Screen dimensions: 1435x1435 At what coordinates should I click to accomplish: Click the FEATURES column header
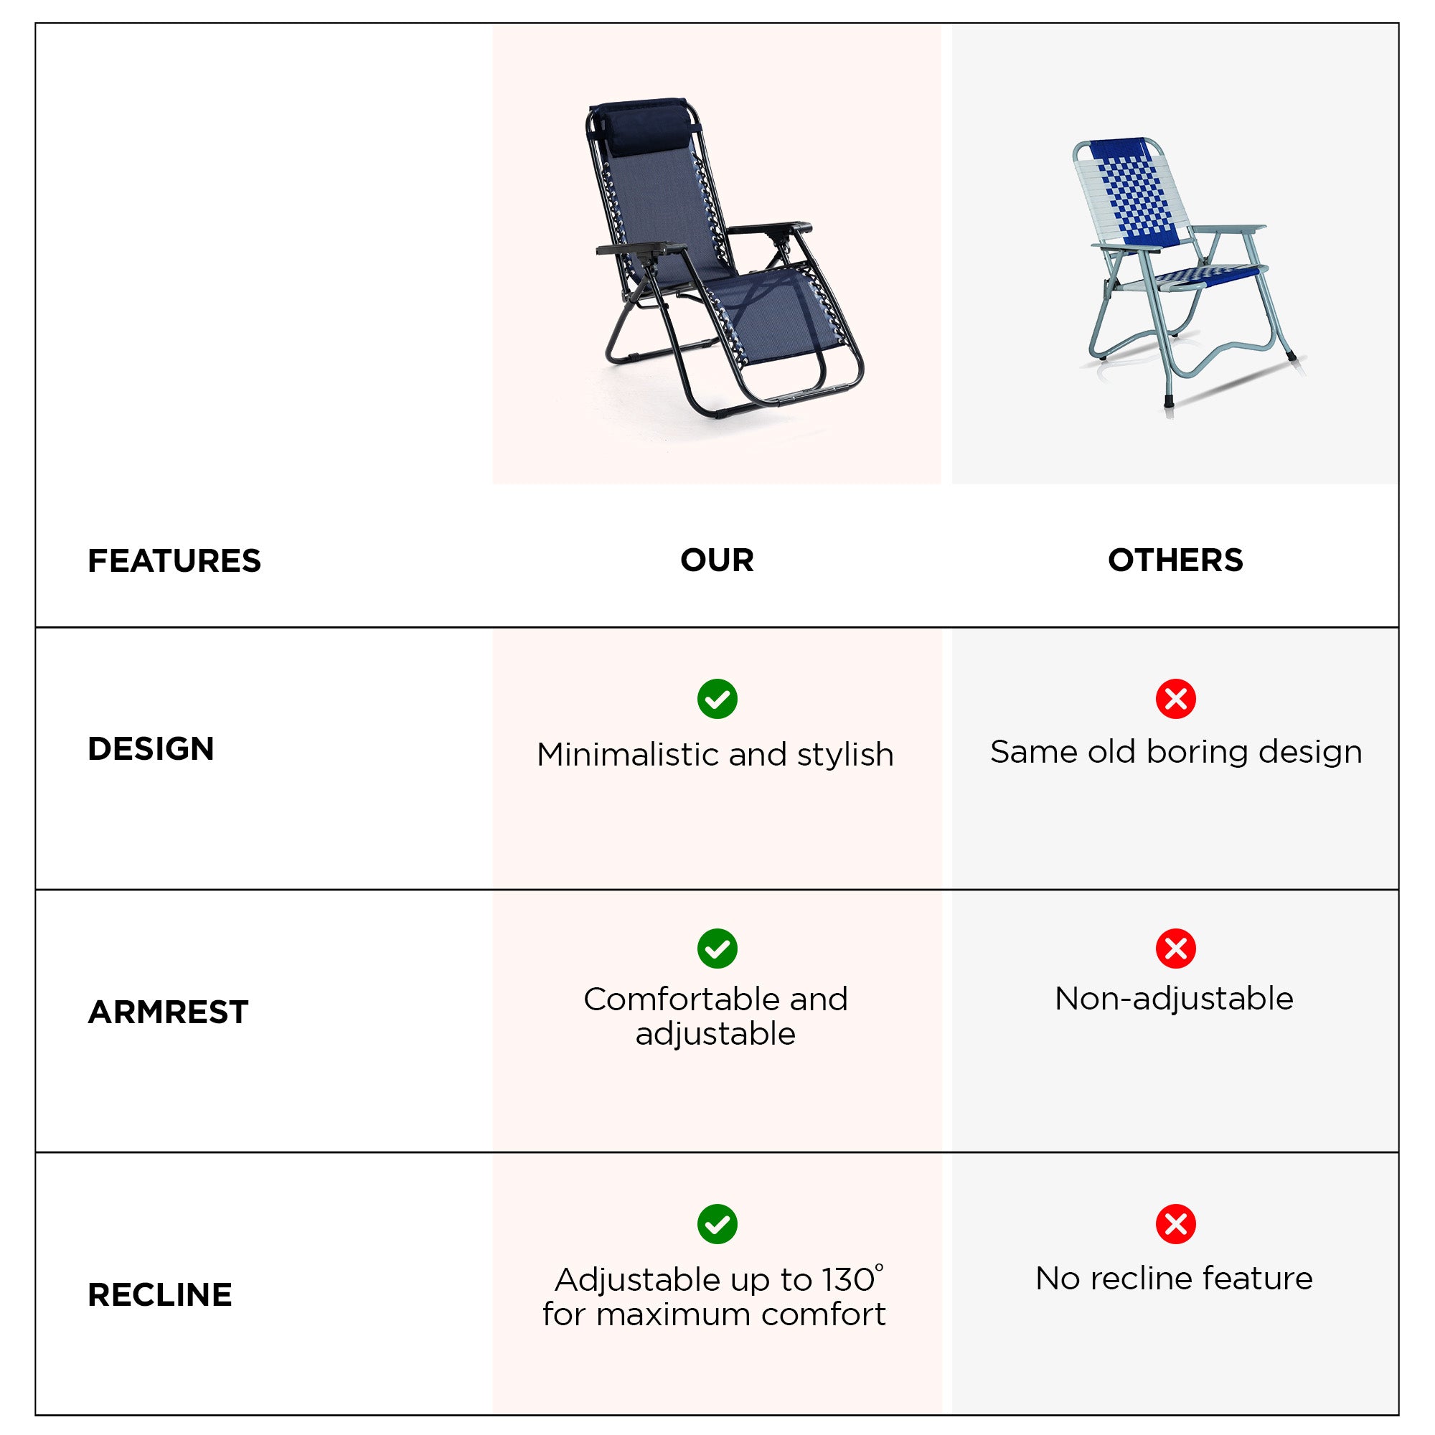tap(174, 561)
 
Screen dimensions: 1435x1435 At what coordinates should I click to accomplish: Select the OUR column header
tap(717, 560)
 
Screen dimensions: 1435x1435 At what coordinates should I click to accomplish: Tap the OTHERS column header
tap(1175, 560)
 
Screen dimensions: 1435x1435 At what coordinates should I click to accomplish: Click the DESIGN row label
tap(151, 748)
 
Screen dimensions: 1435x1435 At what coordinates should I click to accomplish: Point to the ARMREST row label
tap(168, 1012)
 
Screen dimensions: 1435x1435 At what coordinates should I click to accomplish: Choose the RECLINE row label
tap(160, 1294)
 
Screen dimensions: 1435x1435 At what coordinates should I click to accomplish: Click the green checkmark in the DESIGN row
tap(717, 699)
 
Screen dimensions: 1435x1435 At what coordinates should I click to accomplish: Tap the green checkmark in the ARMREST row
tap(717, 949)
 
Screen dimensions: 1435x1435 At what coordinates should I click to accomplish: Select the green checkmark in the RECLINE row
tap(717, 1224)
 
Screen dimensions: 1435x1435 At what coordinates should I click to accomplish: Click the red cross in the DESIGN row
tap(1176, 699)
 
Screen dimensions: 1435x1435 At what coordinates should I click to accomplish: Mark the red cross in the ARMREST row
tap(1176, 949)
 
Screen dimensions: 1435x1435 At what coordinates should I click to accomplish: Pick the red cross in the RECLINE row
tap(1176, 1224)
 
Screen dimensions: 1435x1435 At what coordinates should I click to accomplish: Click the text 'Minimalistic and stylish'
tap(715, 756)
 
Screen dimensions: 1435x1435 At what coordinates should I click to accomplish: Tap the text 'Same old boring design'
tap(1176, 753)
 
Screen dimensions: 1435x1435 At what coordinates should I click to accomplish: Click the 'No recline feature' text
tap(1175, 1279)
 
